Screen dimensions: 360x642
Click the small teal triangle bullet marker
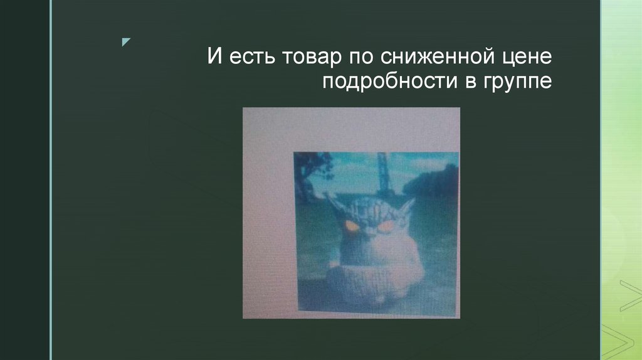click(x=126, y=42)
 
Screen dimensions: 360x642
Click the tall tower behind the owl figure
click(x=382, y=176)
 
